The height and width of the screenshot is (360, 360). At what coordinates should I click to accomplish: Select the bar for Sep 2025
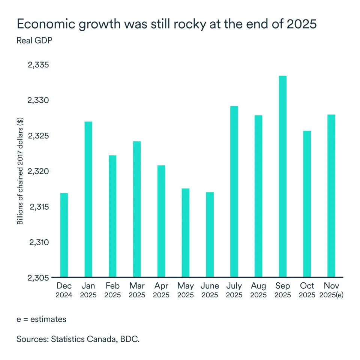point(283,177)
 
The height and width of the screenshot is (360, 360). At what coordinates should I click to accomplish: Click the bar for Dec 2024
point(64,235)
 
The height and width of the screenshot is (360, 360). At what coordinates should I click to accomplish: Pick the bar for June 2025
point(210,235)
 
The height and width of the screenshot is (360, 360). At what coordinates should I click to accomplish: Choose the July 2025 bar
point(234,192)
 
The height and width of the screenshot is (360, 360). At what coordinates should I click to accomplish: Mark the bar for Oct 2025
point(307,204)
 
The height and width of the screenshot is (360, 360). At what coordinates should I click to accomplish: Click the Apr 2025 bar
point(161,221)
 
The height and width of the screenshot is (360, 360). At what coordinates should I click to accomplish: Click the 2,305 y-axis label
point(39,278)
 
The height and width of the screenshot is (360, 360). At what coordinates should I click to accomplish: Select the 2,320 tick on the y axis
point(39,171)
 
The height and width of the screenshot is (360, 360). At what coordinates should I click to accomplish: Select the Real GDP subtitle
point(34,40)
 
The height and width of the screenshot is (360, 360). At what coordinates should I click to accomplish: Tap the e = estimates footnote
point(41,319)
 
